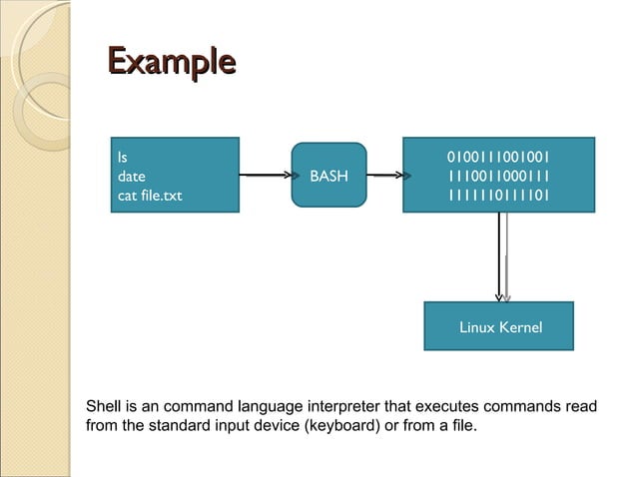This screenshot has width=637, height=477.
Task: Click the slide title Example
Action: [171, 62]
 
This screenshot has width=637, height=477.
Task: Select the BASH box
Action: [328, 176]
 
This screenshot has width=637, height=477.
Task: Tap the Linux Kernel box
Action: [499, 326]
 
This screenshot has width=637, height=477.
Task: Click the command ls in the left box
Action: [123, 157]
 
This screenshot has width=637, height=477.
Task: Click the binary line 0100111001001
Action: [498, 157]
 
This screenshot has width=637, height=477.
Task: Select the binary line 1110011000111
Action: [498, 176]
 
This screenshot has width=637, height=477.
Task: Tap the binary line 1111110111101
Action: [498, 196]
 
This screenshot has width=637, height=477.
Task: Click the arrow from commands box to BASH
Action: [265, 176]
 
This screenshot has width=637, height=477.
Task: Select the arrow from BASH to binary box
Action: [384, 176]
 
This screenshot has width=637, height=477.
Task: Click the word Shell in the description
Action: [104, 407]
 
